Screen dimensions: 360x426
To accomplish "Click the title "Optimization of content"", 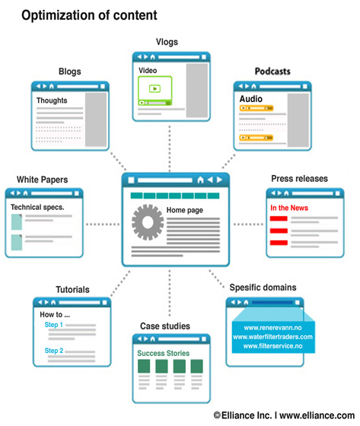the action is pos(89,15).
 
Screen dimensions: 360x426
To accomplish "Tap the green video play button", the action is pos(155,88).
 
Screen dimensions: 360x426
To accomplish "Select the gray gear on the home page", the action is pos(148,222).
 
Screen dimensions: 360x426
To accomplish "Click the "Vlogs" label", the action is pos(167,42).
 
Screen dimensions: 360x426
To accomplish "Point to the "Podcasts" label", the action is pos(272,72).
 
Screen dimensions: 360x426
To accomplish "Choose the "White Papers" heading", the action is pos(42,180).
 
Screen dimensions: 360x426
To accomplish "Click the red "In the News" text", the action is pos(289,208).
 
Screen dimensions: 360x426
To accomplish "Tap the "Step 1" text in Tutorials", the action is pos(53,325).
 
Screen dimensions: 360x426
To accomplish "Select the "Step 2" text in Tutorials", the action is pos(54,351).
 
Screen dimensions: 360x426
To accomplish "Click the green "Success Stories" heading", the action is pos(163,353).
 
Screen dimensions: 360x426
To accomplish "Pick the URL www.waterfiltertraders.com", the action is pos(272,337).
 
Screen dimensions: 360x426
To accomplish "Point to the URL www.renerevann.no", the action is pos(272,328).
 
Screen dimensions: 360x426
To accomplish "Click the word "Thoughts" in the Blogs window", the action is pos(52,100).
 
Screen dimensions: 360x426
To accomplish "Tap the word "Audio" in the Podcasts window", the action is pos(250,99).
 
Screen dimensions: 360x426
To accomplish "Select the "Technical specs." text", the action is pos(37,207).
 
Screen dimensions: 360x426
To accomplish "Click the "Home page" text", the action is pos(185,210).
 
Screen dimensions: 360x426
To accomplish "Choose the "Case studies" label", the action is pos(164,326).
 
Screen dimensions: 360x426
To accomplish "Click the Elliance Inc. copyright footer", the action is pos(284,415).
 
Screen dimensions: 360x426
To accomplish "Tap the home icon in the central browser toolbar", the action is pos(200,180).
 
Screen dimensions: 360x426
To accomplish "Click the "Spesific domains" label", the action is pos(263,288).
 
